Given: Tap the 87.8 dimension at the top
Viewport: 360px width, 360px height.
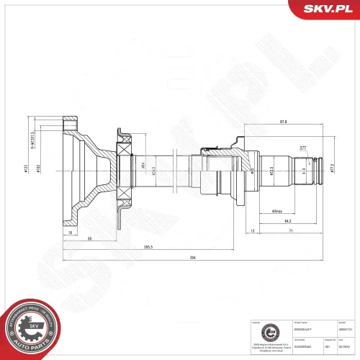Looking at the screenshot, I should (x=283, y=122).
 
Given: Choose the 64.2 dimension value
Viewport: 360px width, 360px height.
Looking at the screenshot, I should (x=287, y=221).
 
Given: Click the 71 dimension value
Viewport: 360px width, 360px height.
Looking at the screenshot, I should (x=290, y=231).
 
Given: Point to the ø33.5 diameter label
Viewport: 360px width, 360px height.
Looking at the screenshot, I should (x=271, y=172).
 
